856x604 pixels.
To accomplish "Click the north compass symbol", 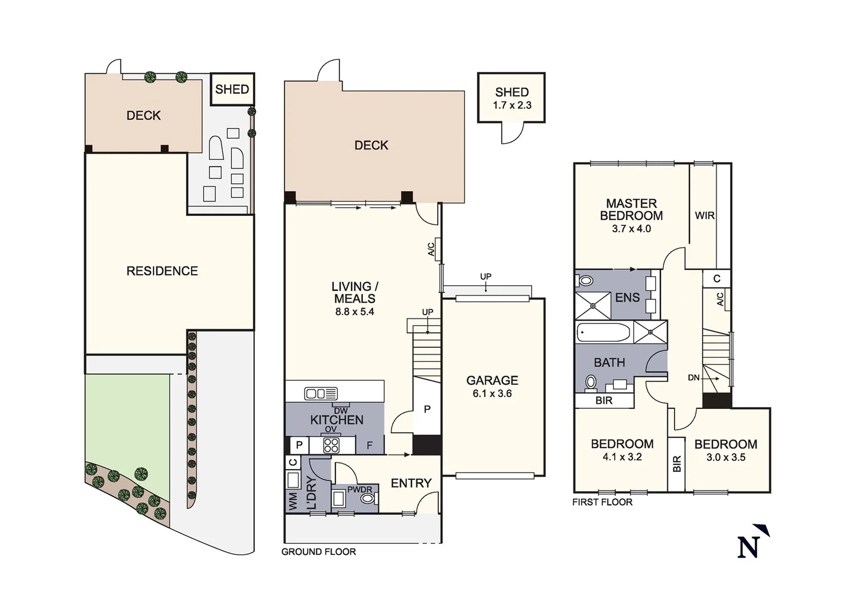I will (751, 543).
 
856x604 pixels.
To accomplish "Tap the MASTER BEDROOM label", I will (631, 210).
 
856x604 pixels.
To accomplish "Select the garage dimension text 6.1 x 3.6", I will (492, 394).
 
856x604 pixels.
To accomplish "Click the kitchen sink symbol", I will (321, 394).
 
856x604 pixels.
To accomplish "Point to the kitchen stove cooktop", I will (331, 445).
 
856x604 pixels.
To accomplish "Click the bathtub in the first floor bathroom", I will (604, 333).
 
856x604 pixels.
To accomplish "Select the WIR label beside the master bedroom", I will (704, 215).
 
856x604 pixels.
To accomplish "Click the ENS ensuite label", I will (627, 298).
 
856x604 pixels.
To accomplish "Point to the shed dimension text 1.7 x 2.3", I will (512, 106).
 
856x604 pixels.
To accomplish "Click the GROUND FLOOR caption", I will (319, 552).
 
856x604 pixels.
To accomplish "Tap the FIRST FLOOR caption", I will (602, 502).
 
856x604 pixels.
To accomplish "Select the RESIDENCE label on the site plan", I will (162, 271).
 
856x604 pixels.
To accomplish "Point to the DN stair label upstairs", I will (694, 378).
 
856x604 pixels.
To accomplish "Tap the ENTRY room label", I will (411, 483).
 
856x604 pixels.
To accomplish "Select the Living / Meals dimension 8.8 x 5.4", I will (354, 312).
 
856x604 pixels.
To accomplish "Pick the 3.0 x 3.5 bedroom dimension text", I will (726, 457).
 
